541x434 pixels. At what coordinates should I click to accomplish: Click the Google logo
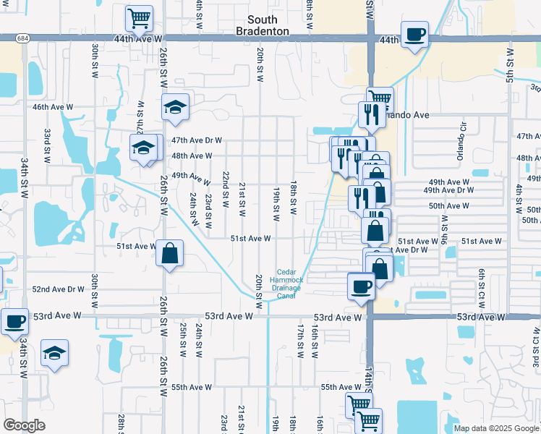pos(24,425)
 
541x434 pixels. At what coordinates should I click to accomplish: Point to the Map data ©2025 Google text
pos(495,428)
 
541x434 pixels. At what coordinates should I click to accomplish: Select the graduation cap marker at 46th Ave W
pos(175,107)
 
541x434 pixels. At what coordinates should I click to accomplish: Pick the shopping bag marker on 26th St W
pos(169,253)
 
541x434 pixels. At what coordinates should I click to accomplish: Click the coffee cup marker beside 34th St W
pos(14,320)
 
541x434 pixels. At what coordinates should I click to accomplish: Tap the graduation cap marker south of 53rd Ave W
pos(54,353)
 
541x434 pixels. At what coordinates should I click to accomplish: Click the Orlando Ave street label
pos(407,115)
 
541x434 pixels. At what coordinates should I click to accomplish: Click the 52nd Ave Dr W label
pos(59,289)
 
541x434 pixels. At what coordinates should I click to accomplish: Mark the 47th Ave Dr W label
pos(196,140)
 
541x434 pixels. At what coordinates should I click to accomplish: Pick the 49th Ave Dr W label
pos(448,190)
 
